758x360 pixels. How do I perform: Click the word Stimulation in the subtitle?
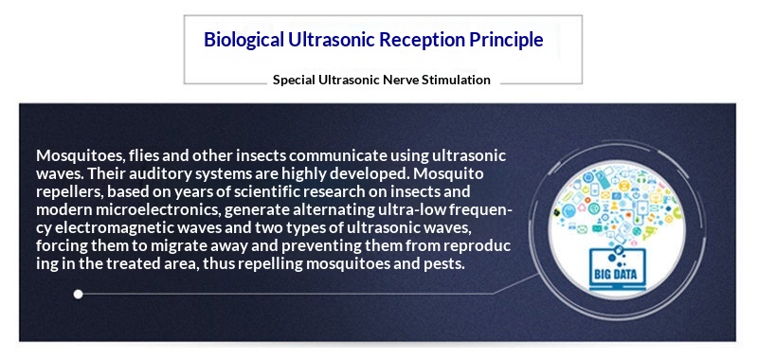453,81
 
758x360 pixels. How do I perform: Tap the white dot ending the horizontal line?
79,294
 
